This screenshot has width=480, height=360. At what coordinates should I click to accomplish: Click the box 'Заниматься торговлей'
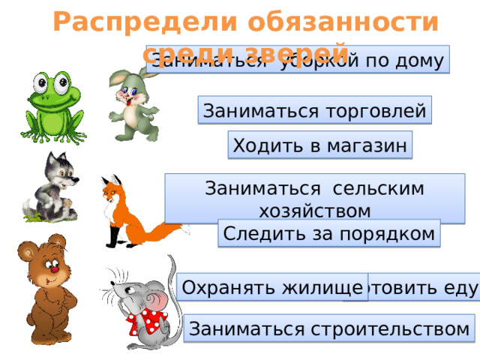click(315, 111)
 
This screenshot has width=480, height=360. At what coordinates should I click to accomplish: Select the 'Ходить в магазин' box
click(320, 145)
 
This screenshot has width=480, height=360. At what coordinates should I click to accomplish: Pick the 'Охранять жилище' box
click(273, 286)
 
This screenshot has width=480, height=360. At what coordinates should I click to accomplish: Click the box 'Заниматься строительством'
click(329, 328)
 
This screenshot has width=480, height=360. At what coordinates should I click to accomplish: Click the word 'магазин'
click(366, 145)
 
